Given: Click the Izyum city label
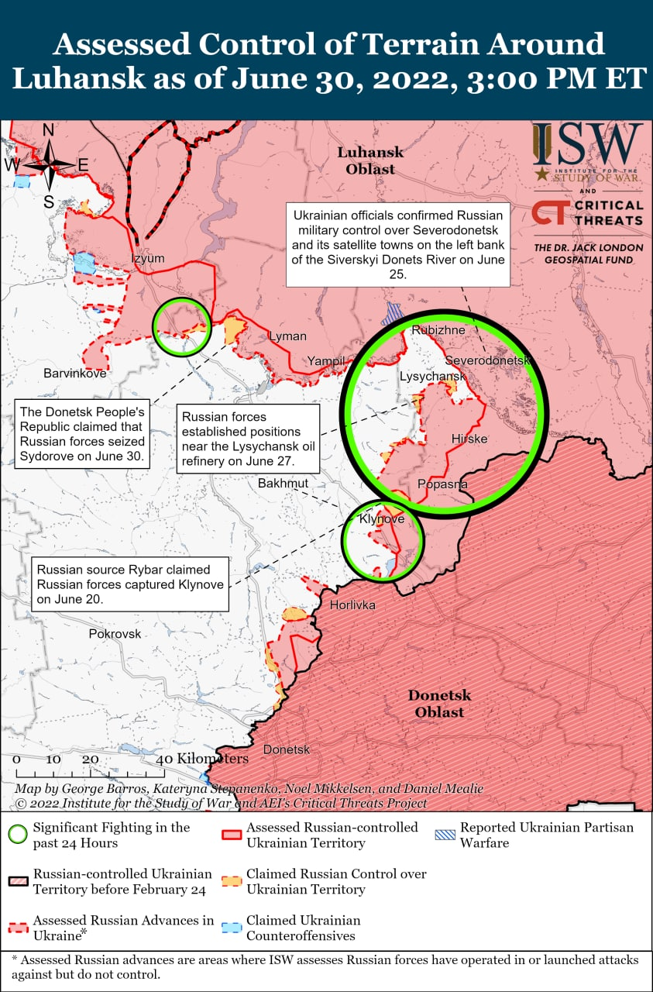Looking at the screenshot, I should (x=147, y=259).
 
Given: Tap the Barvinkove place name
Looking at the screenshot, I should (x=74, y=374).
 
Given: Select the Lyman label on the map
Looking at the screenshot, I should (x=287, y=336).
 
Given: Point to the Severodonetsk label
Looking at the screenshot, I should (x=487, y=361).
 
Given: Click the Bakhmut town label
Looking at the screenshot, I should (x=283, y=483).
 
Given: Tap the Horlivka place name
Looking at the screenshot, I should (x=352, y=604).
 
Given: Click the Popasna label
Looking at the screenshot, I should (x=442, y=484).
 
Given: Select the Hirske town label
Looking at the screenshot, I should (x=469, y=439).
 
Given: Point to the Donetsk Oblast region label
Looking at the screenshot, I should (x=439, y=703).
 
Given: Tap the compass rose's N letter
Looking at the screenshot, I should (x=48, y=130).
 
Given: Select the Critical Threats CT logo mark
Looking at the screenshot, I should (x=549, y=212).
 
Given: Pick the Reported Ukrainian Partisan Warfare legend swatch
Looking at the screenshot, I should (x=444, y=835).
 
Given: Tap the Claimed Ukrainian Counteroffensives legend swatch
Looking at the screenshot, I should (x=230, y=928).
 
